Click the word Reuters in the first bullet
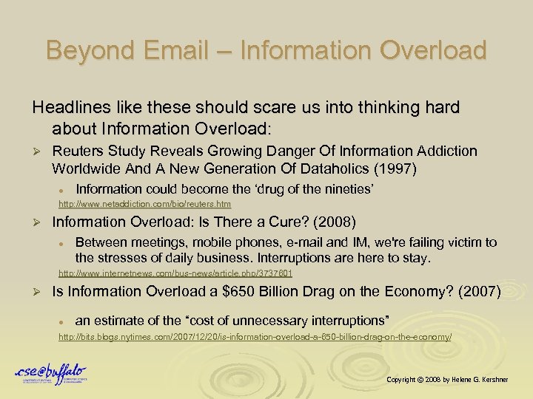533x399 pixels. (x=78, y=151)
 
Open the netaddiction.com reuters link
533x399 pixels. (x=145, y=204)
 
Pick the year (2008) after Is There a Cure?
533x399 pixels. (x=335, y=222)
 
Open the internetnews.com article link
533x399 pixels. (x=175, y=273)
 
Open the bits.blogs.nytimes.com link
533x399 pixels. (x=255, y=337)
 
